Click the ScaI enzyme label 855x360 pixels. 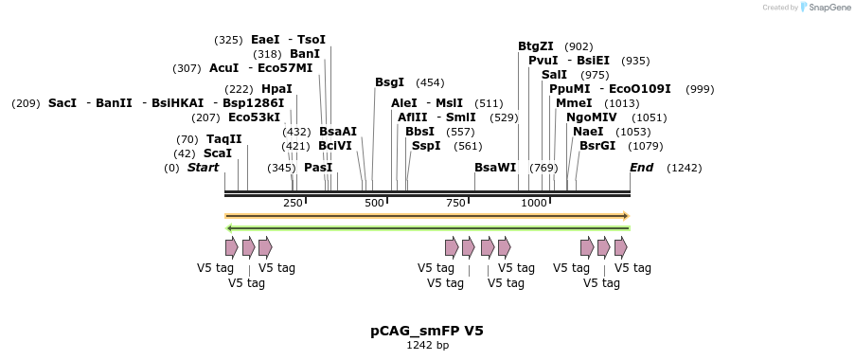[217, 153]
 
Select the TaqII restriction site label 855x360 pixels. [223, 139]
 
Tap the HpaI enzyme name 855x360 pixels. [276, 89]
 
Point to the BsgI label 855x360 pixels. [389, 82]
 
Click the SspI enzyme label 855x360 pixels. [426, 146]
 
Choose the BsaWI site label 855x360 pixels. [495, 168]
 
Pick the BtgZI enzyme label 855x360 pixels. [535, 46]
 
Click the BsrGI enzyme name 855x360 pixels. [597, 146]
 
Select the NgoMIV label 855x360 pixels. [591, 117]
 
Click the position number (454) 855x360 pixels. [430, 82]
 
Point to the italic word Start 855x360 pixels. [203, 168]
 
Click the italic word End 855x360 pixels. [641, 168]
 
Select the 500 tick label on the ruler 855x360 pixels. [374, 203]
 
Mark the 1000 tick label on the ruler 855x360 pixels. [534, 203]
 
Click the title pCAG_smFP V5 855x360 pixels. [427, 331]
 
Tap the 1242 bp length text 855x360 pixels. [427, 346]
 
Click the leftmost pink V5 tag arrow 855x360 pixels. [232, 247]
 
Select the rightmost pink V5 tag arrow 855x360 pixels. [621, 247]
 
